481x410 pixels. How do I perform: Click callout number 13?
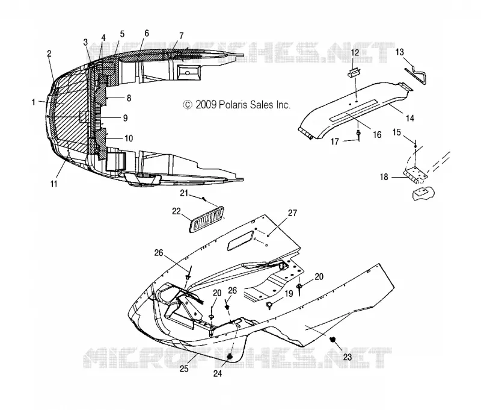399,52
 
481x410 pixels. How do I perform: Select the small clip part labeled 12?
354,73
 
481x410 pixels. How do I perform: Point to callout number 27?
292,213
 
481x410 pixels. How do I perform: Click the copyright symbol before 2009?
188,105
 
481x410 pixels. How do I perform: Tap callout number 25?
184,368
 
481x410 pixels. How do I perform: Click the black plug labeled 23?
332,340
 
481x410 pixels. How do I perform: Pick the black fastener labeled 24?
230,356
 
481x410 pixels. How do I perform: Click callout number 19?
289,294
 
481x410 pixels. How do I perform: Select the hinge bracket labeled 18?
415,175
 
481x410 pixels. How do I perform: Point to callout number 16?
377,135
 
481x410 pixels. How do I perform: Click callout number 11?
54,184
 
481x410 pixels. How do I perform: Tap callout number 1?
34,102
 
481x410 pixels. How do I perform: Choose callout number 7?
182,36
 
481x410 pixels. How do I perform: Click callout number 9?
125,118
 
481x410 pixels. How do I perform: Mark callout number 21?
184,193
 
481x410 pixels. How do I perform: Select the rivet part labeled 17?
358,134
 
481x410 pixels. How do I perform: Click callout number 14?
410,118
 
